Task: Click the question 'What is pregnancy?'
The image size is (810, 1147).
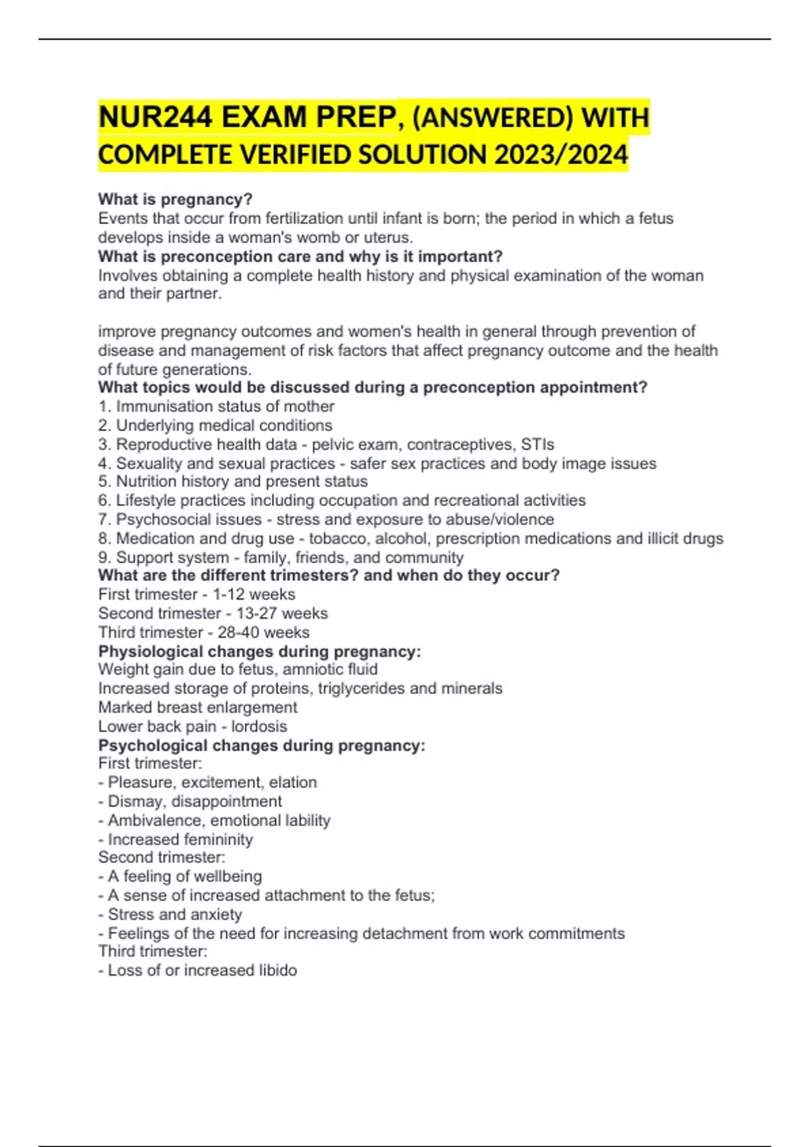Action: tap(175, 199)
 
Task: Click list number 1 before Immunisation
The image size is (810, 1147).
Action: tap(103, 406)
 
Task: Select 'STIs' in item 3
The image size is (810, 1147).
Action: tap(537, 444)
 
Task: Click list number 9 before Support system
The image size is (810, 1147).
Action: tap(103, 557)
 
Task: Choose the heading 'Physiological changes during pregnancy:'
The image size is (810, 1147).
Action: tap(259, 651)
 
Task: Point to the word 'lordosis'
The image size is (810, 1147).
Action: tap(259, 726)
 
